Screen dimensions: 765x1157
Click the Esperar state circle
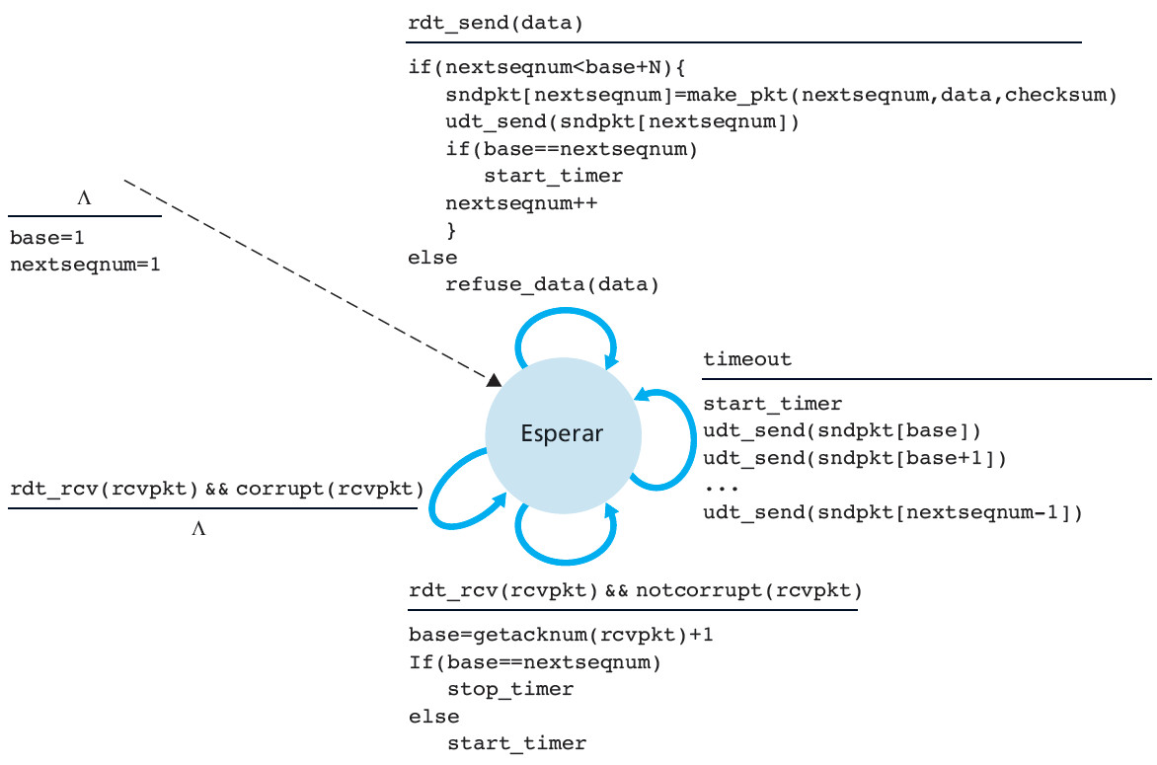click(563, 434)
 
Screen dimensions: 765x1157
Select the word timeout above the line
click(747, 359)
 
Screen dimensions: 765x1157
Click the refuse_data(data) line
click(551, 285)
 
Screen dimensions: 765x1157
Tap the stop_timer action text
click(510, 688)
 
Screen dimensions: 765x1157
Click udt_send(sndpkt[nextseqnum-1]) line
click(892, 512)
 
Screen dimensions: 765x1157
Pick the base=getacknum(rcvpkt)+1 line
click(561, 635)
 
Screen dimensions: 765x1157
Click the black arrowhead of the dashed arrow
click(494, 380)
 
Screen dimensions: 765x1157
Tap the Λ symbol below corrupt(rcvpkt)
click(198, 529)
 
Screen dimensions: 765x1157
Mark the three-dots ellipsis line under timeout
click(718, 486)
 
